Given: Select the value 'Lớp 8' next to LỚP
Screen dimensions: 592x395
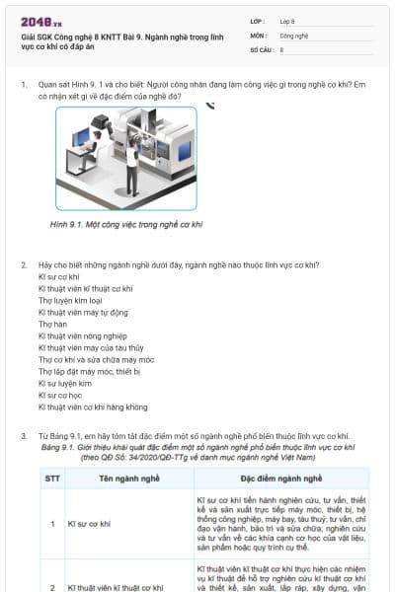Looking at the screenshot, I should point(287,20).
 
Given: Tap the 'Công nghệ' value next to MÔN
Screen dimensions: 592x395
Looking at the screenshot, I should point(293,35).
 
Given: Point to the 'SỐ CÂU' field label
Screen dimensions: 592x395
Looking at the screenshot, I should point(261,48).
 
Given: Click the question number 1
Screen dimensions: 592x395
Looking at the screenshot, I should point(23,84).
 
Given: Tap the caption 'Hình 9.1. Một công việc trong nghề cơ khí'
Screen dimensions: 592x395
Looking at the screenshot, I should point(125,225).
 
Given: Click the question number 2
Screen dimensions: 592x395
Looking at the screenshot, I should point(23,264).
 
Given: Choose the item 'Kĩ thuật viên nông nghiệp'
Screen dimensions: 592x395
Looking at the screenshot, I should point(84,335).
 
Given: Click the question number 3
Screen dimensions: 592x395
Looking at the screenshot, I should point(23,435).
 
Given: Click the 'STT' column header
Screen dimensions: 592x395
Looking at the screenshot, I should point(52,478).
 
